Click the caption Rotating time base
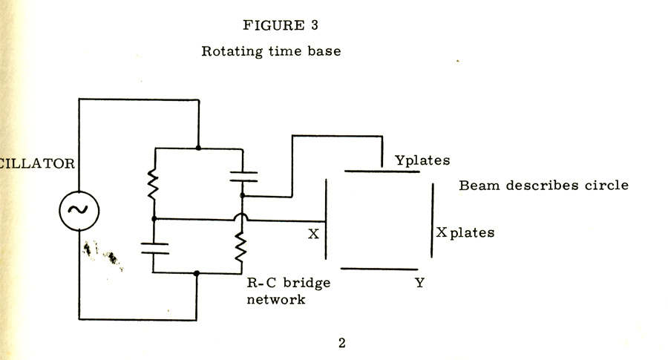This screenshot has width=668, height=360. click(x=271, y=53)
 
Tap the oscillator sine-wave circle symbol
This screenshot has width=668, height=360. click(x=78, y=209)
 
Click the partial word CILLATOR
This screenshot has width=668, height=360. click(x=37, y=163)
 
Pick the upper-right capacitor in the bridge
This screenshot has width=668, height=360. click(x=243, y=176)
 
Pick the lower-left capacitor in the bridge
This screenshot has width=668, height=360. click(x=154, y=249)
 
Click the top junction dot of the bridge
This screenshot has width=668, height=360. click(x=197, y=148)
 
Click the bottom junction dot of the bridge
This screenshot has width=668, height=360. click(x=197, y=273)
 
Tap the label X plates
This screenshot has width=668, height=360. click(x=465, y=233)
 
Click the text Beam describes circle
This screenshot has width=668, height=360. click(x=543, y=185)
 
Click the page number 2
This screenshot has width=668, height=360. click(x=342, y=343)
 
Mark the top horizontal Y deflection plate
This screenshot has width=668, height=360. click(x=382, y=171)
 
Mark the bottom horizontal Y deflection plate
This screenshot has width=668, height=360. click(x=380, y=269)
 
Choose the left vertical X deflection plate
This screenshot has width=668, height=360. click(x=325, y=218)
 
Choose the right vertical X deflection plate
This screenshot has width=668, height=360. click(x=432, y=220)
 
